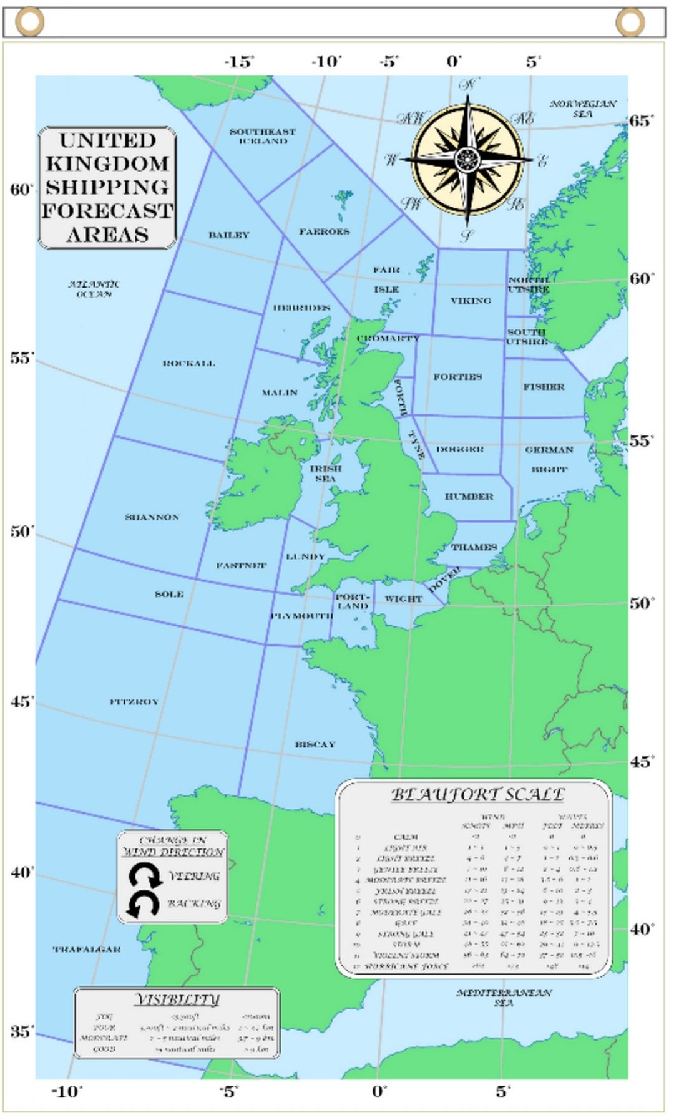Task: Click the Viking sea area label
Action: pyautogui.click(x=471, y=301)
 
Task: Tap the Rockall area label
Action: pyautogui.click(x=188, y=363)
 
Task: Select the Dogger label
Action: pyautogui.click(x=460, y=449)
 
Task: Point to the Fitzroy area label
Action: pyautogui.click(x=134, y=702)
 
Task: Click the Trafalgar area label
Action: pyautogui.click(x=87, y=949)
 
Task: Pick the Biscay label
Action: pyautogui.click(x=315, y=744)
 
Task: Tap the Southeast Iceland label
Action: pyautogui.click(x=263, y=136)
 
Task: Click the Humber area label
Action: pyautogui.click(x=469, y=497)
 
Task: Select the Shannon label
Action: pyautogui.click(x=152, y=517)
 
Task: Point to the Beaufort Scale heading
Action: pyautogui.click(x=477, y=795)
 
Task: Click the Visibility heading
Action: pyautogui.click(x=177, y=999)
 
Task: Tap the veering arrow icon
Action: pyautogui.click(x=145, y=876)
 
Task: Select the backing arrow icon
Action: pyautogui.click(x=144, y=904)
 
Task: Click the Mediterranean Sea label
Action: pyautogui.click(x=504, y=997)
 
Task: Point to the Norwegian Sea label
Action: pyautogui.click(x=582, y=109)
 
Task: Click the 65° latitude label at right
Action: pyautogui.click(x=641, y=120)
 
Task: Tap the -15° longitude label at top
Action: pyautogui.click(x=239, y=61)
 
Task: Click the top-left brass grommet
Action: pyautogui.click(x=29, y=22)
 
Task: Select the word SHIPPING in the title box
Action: pyautogui.click(x=107, y=187)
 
